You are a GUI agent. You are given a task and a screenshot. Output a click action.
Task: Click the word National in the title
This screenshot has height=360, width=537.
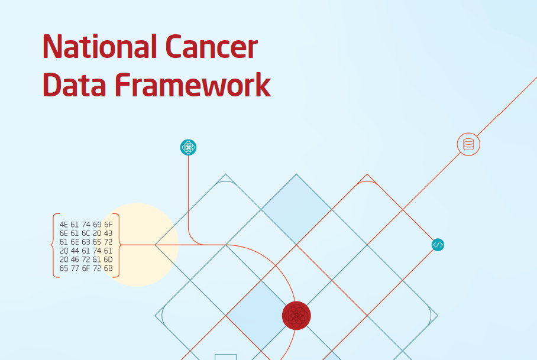point(100,46)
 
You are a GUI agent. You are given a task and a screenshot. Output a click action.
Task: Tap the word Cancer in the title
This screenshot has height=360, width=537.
point(211,47)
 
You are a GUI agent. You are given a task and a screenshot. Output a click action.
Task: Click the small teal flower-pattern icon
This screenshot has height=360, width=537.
point(188,148)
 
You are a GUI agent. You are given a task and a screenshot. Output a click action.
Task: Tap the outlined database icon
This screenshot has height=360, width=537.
point(468,144)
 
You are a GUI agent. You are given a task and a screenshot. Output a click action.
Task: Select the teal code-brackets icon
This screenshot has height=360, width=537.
point(438,245)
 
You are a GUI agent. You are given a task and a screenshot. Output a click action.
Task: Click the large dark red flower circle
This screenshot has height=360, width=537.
point(296,316)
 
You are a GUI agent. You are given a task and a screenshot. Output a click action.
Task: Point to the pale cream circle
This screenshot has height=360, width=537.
point(137,245)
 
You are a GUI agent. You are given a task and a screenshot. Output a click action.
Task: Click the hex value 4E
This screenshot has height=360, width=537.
point(64,225)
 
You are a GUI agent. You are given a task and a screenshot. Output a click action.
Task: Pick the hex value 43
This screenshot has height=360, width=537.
point(108,233)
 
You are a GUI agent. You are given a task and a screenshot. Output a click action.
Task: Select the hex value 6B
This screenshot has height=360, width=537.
point(108,268)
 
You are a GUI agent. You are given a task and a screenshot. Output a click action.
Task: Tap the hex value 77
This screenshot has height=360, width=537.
point(75,268)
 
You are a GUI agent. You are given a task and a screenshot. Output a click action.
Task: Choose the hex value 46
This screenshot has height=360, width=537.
point(75,260)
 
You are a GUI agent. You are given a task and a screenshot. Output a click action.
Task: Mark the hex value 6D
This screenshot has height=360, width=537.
point(108,260)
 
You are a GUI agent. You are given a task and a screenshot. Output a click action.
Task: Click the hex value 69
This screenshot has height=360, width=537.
point(97,225)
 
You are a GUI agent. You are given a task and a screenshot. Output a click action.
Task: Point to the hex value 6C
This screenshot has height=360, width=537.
point(86,233)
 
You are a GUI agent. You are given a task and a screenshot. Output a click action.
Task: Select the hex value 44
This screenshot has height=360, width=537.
point(75,251)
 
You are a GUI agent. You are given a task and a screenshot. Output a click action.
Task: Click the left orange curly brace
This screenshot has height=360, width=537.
point(55,245)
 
